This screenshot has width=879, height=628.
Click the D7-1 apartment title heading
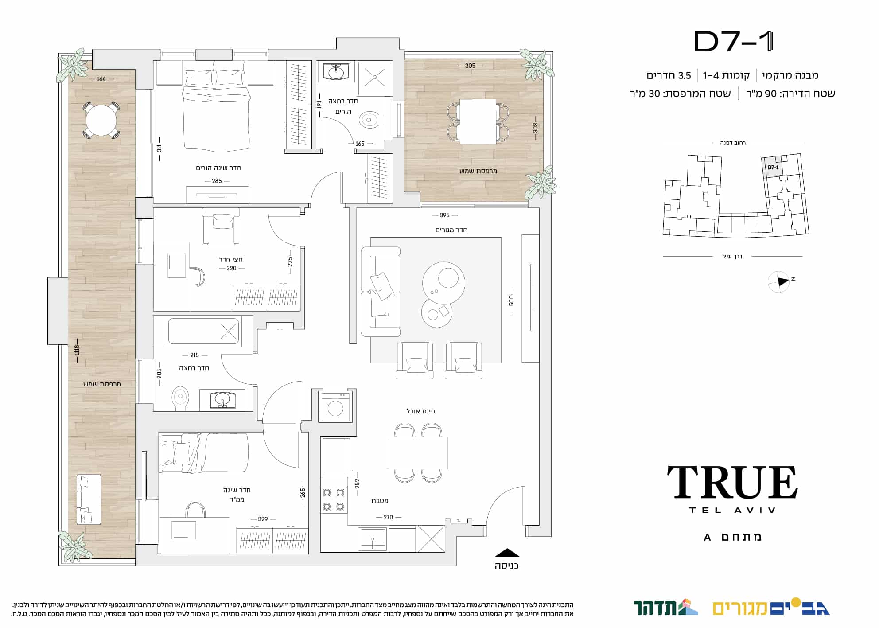click(733, 42)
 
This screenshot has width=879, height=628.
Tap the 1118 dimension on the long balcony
click(77, 350)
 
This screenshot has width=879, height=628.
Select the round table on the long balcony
click(101, 120)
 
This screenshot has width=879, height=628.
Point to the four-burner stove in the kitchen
click(334, 499)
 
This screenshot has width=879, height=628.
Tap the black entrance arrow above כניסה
click(507, 553)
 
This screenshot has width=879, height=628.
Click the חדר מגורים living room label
click(451, 230)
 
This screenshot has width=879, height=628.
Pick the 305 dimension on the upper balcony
click(470, 66)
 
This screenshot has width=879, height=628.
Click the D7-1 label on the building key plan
click(773, 168)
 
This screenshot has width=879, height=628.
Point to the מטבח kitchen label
click(380, 501)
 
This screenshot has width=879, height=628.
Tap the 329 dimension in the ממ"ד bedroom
click(263, 519)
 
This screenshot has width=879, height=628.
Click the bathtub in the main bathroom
click(204, 331)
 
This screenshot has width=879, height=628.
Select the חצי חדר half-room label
click(231, 260)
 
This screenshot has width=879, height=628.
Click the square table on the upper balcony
click(478, 121)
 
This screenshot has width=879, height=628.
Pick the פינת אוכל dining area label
click(421, 411)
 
